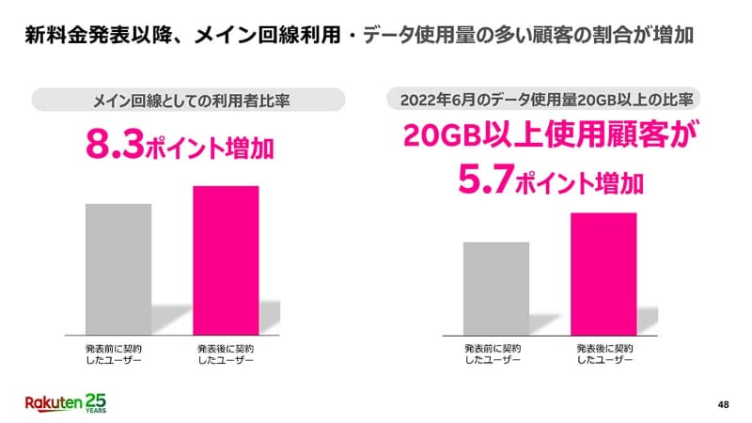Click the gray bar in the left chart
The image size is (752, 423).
point(118,268)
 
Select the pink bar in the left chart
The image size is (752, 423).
point(225,259)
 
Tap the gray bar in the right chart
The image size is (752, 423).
point(495,288)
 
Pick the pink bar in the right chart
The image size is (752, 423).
point(603,273)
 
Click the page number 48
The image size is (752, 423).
point(723,405)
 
